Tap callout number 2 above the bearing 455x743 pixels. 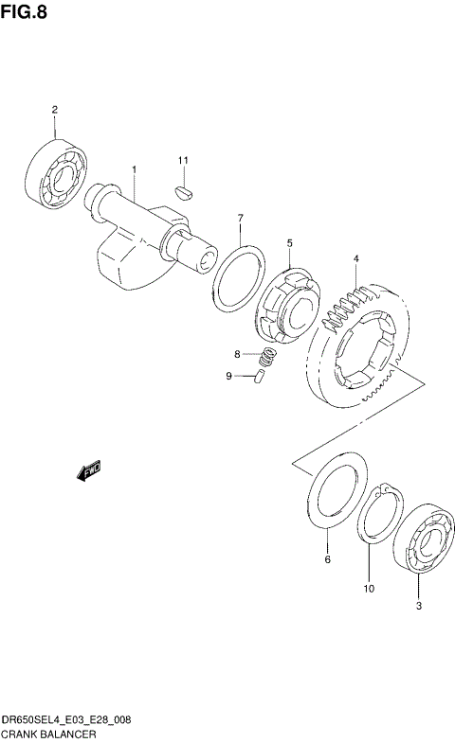54,110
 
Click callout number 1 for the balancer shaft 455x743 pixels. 134,169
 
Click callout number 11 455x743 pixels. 184,160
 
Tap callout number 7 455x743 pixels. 241,218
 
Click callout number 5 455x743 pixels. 289,243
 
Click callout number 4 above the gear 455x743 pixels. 355,258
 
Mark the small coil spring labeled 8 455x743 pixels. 269,357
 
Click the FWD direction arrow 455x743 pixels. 89,470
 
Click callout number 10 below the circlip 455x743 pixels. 368,589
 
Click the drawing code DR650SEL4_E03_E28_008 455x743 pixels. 66,720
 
